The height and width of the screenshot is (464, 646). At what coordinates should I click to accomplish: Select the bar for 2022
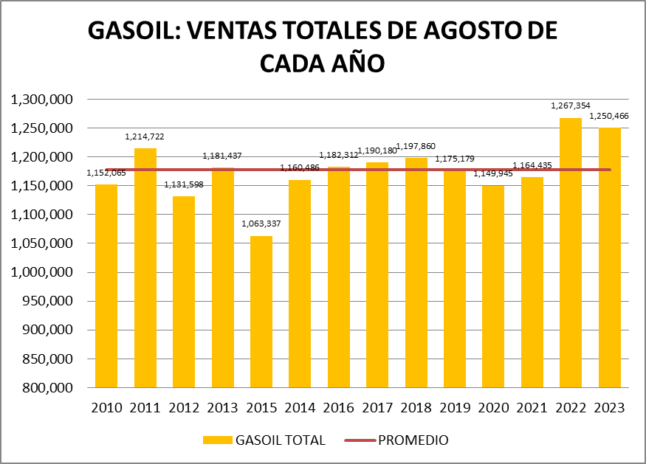571,252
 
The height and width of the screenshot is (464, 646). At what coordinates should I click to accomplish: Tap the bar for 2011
145,268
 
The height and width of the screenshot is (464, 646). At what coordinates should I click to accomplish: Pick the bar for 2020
493,286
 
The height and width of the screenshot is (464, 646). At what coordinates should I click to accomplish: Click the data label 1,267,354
571,106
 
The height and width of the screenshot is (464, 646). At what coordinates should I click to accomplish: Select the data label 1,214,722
145,136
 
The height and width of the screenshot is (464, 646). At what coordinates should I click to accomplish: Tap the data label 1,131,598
184,184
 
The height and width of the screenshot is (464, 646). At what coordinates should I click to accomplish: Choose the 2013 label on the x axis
222,408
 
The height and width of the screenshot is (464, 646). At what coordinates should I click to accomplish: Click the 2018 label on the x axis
416,408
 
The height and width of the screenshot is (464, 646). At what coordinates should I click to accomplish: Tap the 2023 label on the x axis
609,408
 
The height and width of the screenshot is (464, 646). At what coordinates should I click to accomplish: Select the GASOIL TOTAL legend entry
280,440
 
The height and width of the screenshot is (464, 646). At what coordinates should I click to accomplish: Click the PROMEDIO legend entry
413,440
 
